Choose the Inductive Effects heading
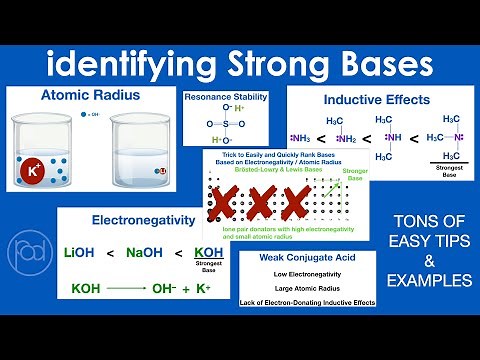point(377,99)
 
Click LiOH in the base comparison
point(86,252)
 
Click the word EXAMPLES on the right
point(432,281)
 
